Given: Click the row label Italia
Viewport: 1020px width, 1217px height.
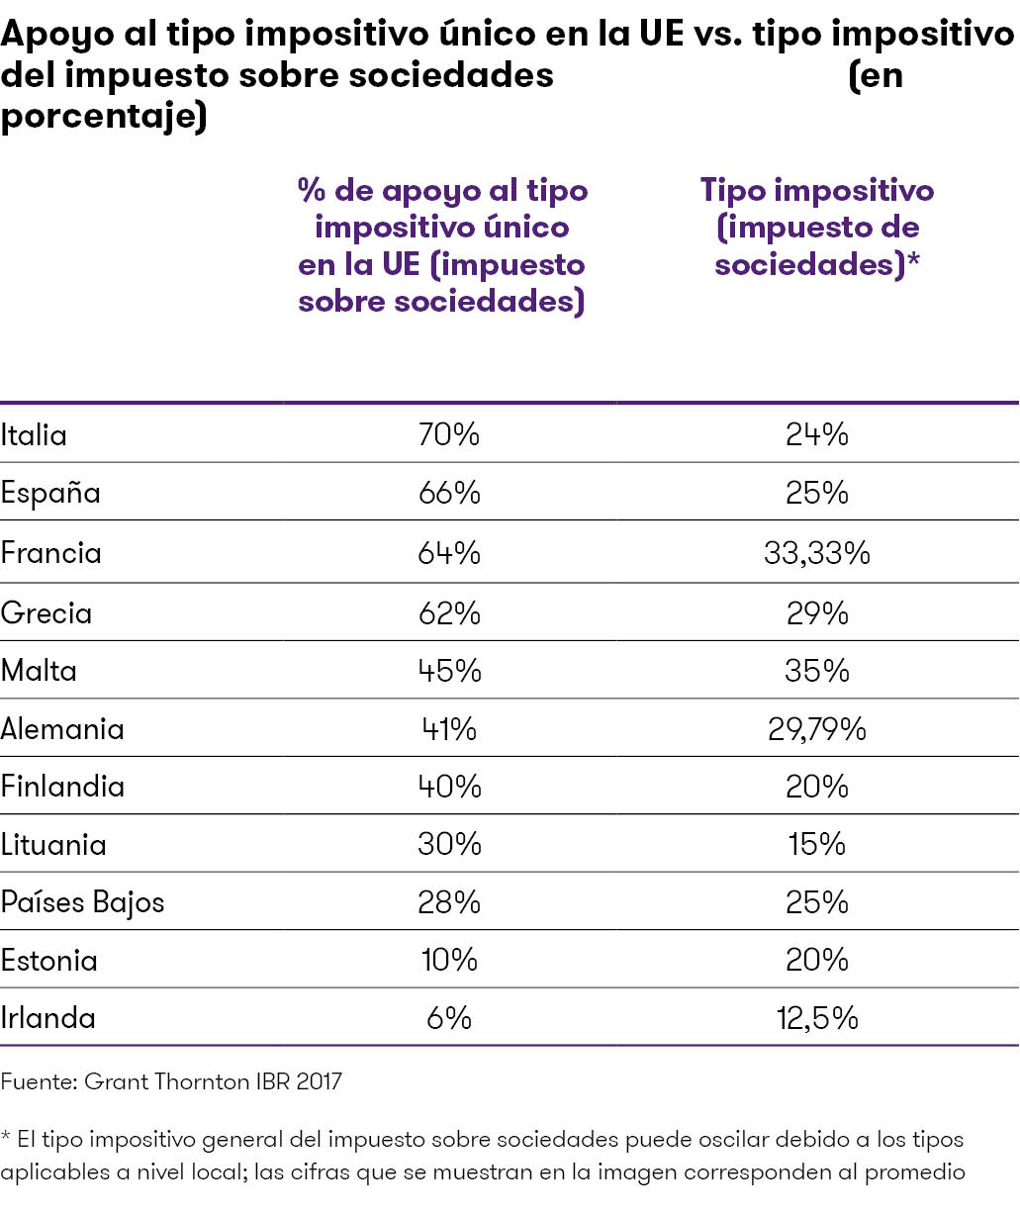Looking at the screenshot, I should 34,435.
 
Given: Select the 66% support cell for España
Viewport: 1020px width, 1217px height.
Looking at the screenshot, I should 449,493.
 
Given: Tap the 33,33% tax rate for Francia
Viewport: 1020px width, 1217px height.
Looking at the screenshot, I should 816,552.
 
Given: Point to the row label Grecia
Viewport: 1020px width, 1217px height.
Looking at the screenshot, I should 46,612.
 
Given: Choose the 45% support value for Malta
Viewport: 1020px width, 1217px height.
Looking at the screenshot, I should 449,671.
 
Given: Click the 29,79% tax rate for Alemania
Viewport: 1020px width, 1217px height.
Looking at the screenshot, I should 816,729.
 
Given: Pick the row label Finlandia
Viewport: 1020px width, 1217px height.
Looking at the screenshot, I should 62,787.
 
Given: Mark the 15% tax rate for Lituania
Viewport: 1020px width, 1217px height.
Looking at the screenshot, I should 816,844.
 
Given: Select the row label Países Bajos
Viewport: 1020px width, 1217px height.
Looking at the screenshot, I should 82,902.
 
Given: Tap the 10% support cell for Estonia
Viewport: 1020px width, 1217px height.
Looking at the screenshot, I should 448,960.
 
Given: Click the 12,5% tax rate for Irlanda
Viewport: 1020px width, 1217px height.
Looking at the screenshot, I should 816,1018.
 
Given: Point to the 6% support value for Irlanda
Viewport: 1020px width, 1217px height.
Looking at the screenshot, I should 449,1018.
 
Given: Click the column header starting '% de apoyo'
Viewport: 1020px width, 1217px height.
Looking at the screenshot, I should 442,245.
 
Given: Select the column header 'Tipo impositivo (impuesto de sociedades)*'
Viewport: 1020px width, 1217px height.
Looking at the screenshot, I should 817,227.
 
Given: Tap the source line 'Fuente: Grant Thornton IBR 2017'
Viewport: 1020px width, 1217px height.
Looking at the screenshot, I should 171,1081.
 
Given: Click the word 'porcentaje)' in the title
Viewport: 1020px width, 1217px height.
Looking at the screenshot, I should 103,116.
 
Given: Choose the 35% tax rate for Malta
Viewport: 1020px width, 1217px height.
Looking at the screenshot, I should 816,671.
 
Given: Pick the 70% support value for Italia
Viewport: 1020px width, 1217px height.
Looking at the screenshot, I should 449,435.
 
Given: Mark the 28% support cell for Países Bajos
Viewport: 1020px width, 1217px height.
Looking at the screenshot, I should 449,902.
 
